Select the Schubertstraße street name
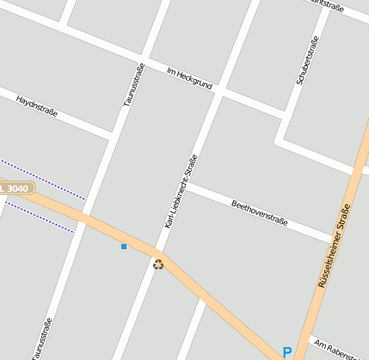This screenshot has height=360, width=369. coord(307,60)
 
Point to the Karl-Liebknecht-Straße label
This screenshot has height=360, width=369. coord(181,191)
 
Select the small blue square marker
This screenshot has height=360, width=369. coord(124,247)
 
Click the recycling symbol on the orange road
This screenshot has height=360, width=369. coord(157,264)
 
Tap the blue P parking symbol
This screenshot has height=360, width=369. coord(287,351)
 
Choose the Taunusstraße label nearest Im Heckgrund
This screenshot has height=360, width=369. coord(132,85)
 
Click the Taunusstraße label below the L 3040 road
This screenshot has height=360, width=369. coord(42,338)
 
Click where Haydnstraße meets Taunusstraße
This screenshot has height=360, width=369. coord(114,136)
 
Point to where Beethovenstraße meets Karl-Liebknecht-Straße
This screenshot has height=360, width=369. coord(187,184)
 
